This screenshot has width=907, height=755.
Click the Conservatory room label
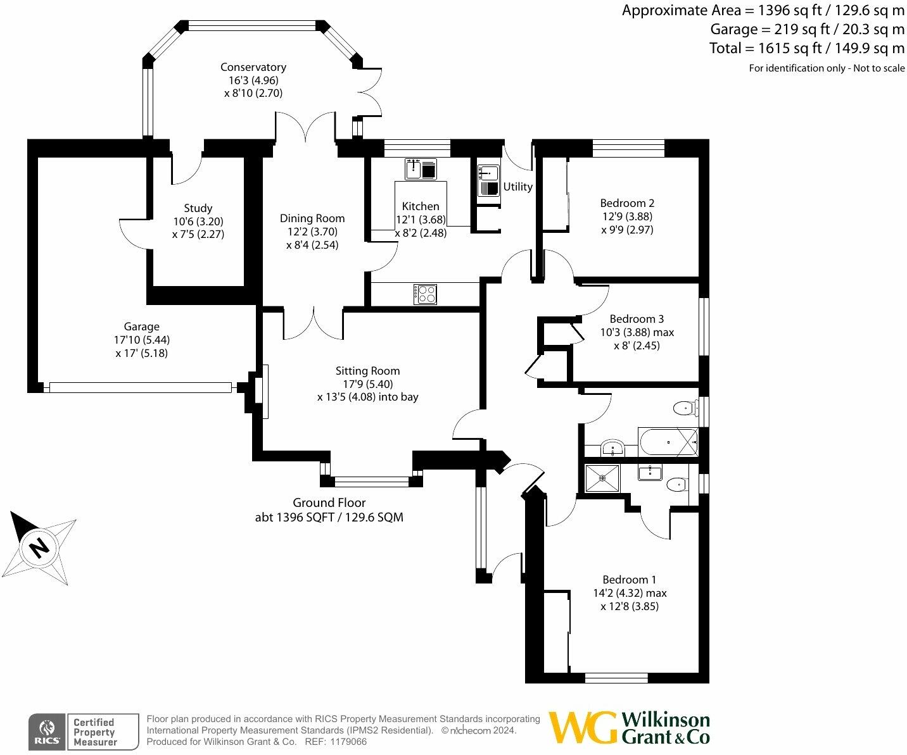pos(253,67)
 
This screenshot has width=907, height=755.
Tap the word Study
pos(198,208)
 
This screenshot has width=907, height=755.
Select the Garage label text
pos(141,327)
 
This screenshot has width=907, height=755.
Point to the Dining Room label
pos(312,218)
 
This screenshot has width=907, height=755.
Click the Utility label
pos(517,187)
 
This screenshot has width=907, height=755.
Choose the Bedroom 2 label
pos(627,203)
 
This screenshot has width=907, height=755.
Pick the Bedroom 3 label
pos(637,319)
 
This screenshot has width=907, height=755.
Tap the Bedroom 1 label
pos(629,580)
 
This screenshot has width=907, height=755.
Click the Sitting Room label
pos(367,371)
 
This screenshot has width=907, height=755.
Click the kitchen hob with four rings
pos(426,294)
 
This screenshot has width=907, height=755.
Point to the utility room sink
pos(488,172)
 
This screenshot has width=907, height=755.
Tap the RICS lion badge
pos(46,732)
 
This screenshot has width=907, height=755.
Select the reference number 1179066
pos(345,742)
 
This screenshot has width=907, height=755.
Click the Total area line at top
pos(806,48)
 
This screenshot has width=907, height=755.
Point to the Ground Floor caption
pos(329,502)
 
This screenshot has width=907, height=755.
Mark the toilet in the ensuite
pos(676,485)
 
